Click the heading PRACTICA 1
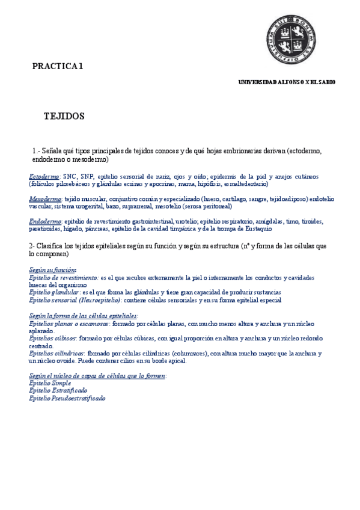point(58,66)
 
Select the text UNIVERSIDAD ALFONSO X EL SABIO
point(287,82)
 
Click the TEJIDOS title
point(64,116)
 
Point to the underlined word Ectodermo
point(43,177)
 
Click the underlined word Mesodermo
point(44,199)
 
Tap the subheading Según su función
point(52,271)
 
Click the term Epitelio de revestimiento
point(63,278)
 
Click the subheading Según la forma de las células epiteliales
point(83,316)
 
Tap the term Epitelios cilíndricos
point(56,354)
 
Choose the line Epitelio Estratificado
point(58,390)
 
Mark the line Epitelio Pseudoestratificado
point(67,398)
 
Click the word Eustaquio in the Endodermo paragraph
point(258,229)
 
